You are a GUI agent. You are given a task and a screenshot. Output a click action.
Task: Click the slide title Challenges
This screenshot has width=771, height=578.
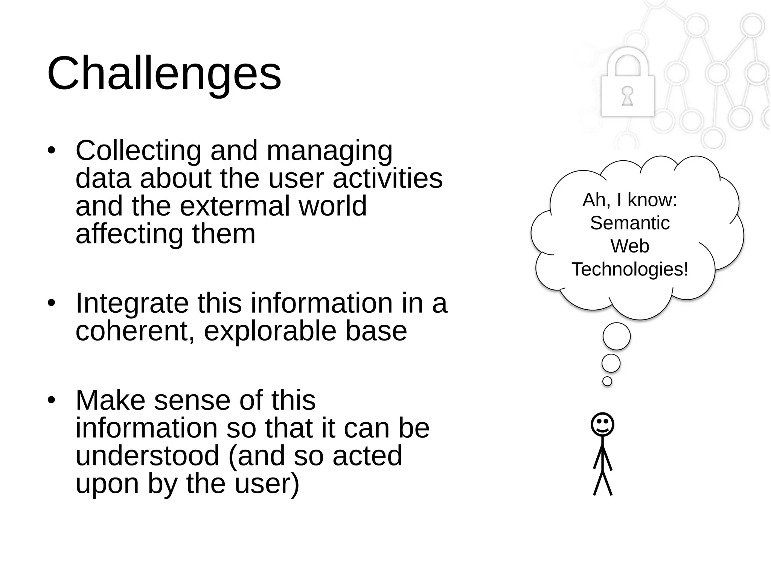[x=164, y=73]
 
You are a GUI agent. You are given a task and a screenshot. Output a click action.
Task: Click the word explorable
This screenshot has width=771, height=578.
[x=270, y=331]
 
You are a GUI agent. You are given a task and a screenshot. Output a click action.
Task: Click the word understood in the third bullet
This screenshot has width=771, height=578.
[x=147, y=456]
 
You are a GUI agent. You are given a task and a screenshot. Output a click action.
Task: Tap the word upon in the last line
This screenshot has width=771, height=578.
[x=107, y=484]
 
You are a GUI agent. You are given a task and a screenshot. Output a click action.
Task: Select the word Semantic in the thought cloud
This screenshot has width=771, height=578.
[x=629, y=223]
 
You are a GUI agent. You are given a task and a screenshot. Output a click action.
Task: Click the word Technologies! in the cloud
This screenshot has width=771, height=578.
[x=629, y=269]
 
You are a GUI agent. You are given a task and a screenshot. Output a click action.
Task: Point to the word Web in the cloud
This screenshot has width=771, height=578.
[x=629, y=246]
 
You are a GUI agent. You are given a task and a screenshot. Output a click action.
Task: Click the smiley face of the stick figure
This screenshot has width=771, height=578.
[x=602, y=424]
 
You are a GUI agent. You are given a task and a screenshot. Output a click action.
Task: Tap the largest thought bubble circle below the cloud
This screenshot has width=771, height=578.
[x=616, y=336]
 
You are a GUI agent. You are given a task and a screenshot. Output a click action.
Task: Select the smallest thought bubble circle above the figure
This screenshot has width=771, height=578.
[x=607, y=381]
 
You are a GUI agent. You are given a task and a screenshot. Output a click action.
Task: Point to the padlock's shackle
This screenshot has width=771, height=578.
[x=627, y=60]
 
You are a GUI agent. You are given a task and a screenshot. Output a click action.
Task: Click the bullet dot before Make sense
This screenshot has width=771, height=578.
[x=52, y=400]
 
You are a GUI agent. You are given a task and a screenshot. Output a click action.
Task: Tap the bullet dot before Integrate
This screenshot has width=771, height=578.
[x=52, y=303]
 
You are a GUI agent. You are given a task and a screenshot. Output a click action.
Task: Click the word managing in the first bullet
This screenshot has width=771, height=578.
[x=329, y=151]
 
